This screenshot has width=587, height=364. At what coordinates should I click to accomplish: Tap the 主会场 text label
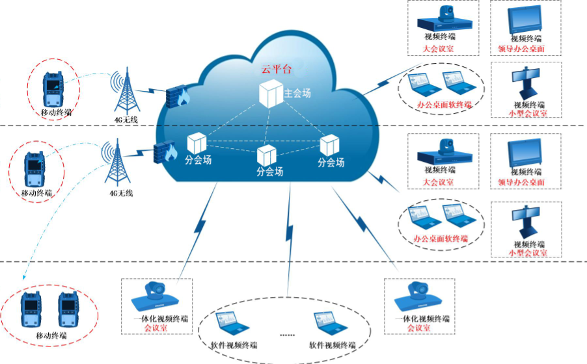(297, 94)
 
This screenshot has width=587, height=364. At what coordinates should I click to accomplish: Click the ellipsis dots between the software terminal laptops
(287, 334)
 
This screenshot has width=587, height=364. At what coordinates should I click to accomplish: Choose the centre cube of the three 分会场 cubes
(267, 156)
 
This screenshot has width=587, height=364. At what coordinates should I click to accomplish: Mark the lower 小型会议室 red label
(528, 252)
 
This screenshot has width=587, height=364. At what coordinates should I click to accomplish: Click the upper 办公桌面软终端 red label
(445, 105)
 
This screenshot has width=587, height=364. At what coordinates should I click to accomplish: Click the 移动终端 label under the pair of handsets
(52, 336)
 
